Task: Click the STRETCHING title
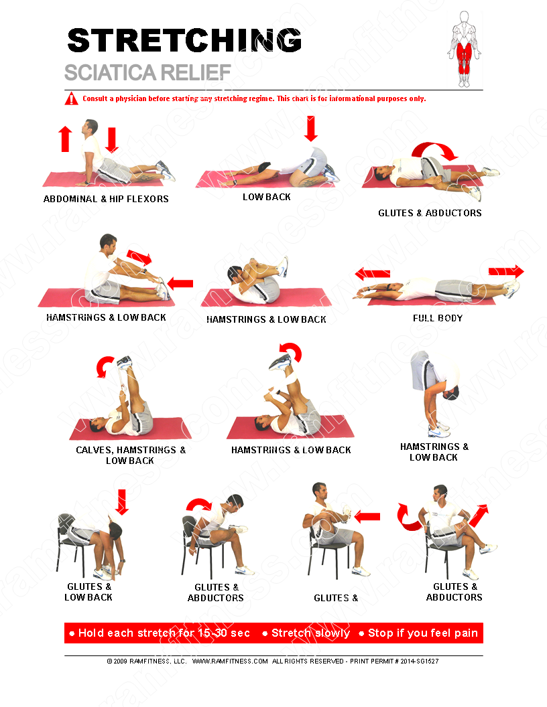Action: pyautogui.click(x=184, y=40)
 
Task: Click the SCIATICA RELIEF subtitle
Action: pyautogui.click(x=147, y=72)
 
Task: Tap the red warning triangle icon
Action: pyautogui.click(x=71, y=98)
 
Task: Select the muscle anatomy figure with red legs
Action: pyautogui.click(x=465, y=49)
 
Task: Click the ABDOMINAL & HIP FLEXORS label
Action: pyautogui.click(x=106, y=199)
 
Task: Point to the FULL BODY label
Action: pyautogui.click(x=438, y=318)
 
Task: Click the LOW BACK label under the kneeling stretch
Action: pyautogui.click(x=267, y=197)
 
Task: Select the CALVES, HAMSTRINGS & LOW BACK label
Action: pyautogui.click(x=131, y=455)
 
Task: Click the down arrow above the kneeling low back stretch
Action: pyautogui.click(x=310, y=129)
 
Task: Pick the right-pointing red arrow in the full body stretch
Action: pyautogui.click(x=506, y=271)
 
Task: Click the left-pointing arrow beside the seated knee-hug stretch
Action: pyautogui.click(x=367, y=517)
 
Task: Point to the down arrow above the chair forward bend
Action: pyautogui.click(x=121, y=502)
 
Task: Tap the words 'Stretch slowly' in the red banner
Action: pyautogui.click(x=310, y=633)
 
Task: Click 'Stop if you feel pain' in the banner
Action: pyautogui.click(x=423, y=633)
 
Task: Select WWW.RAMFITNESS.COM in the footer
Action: pyautogui.click(x=230, y=661)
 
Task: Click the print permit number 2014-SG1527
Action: pyautogui.click(x=418, y=661)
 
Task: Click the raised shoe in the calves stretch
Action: pyautogui.click(x=124, y=362)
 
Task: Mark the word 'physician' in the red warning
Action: pyautogui.click(x=133, y=98)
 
